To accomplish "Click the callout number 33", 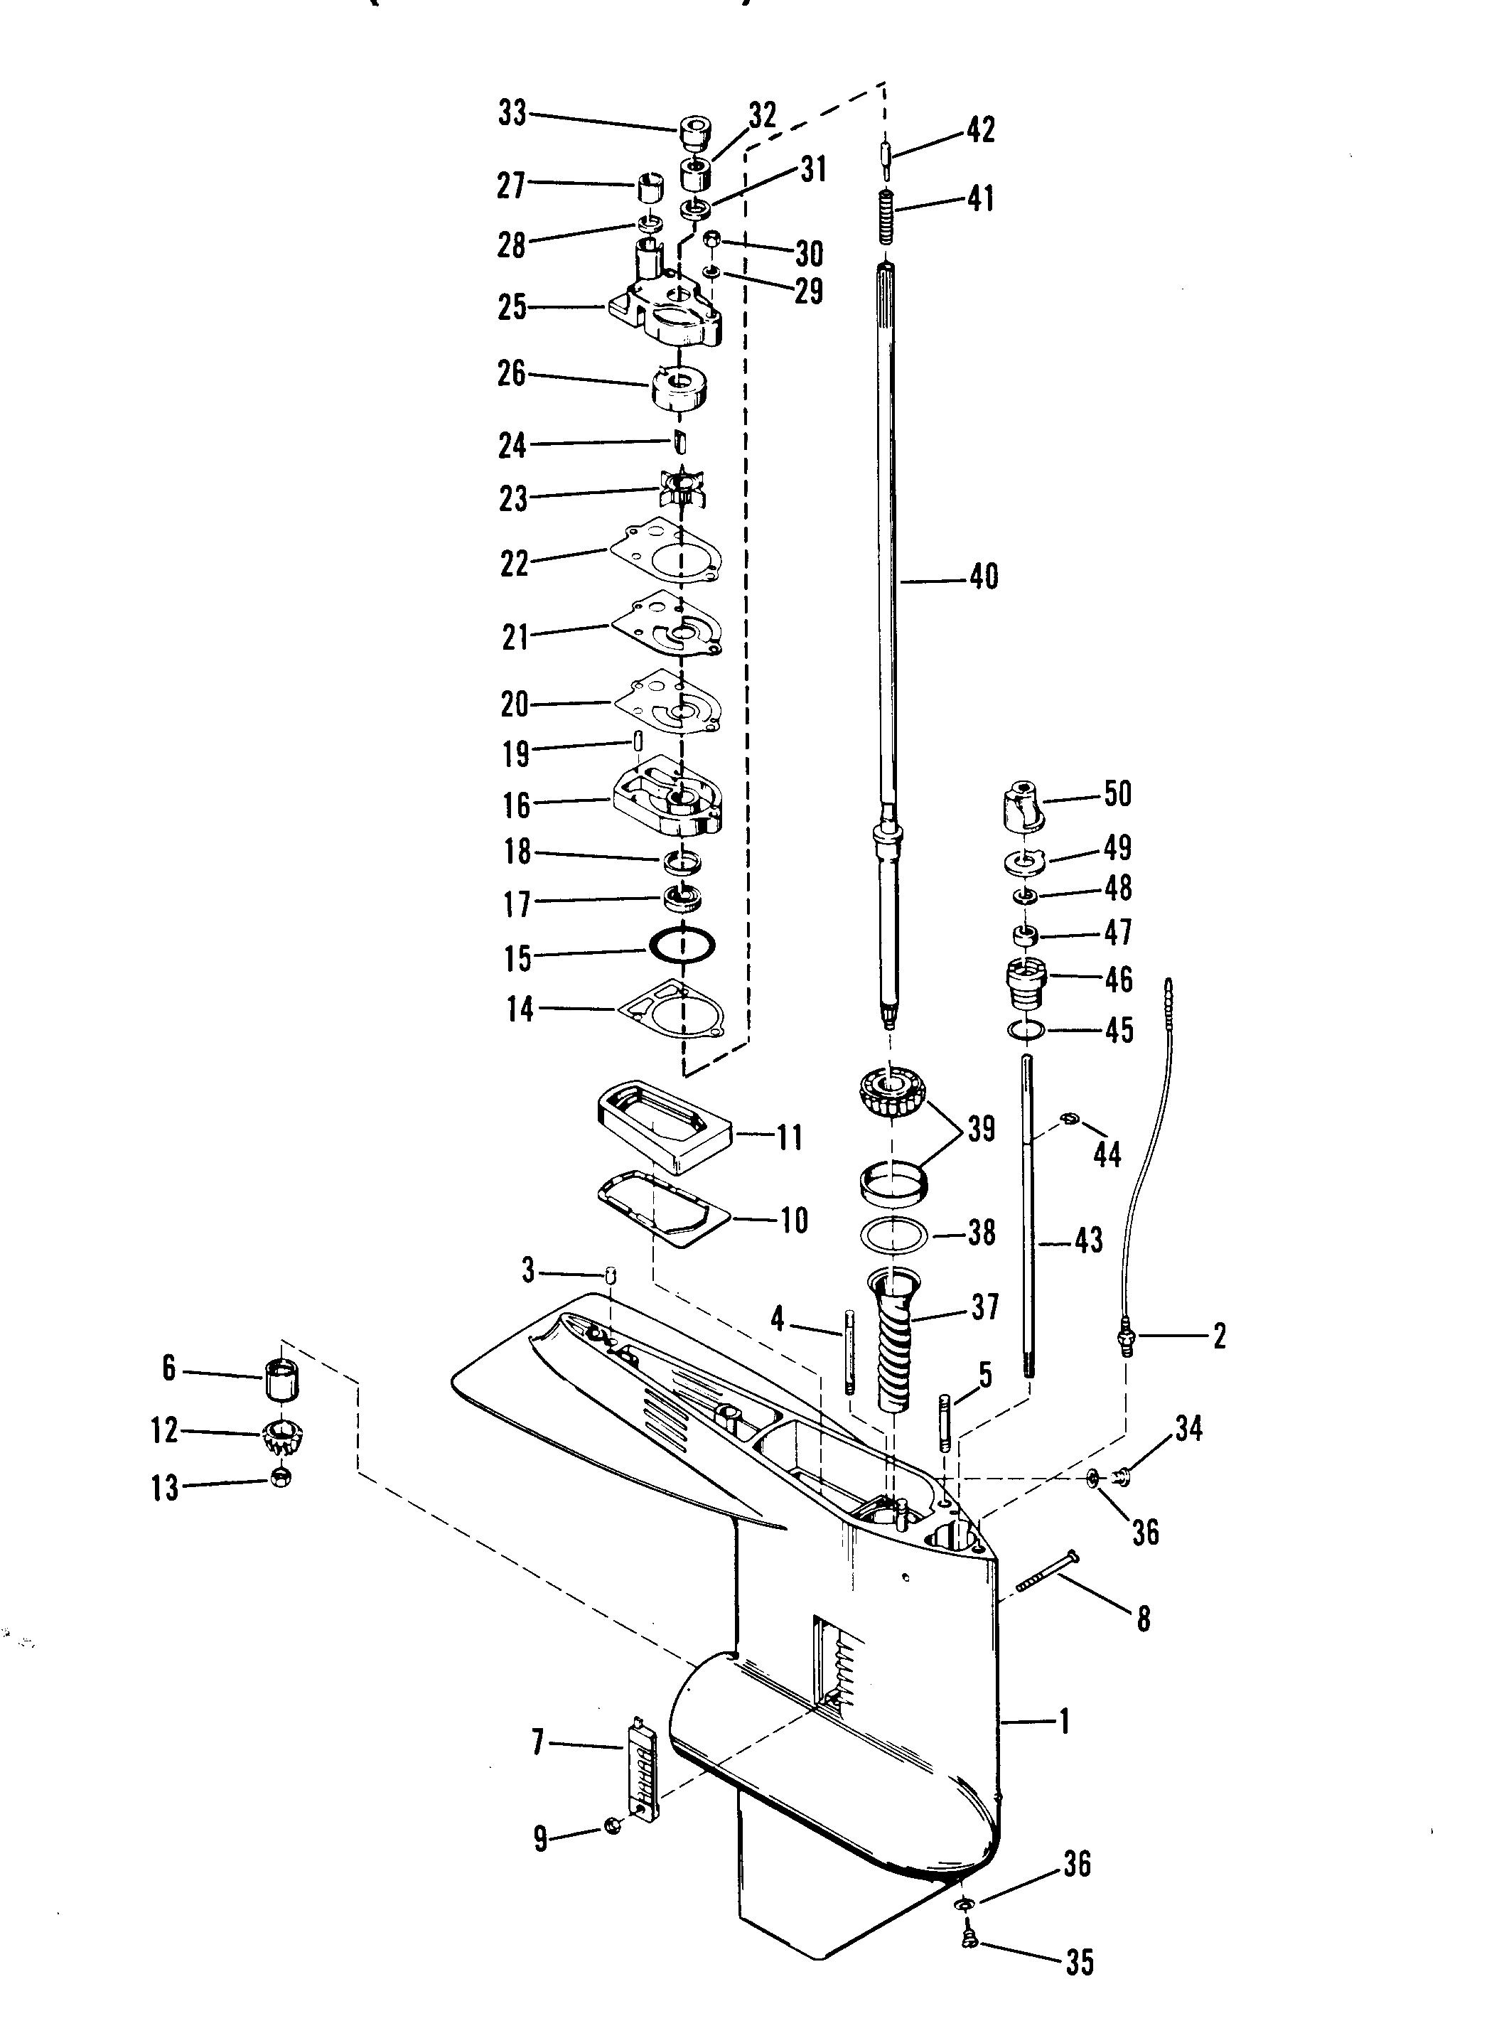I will click(x=512, y=114).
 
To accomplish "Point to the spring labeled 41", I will click(x=888, y=217).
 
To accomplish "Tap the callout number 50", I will click(x=1118, y=793).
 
